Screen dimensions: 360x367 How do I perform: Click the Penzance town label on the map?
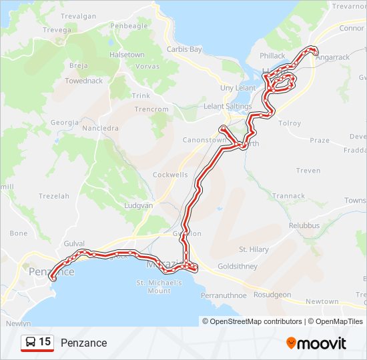pyautogui.click(x=51, y=272)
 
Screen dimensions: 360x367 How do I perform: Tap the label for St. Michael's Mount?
pyautogui.click(x=159, y=287)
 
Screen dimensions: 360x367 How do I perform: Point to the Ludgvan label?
pyautogui.click(x=139, y=206)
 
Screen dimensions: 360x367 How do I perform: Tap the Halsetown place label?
pyautogui.click(x=127, y=55)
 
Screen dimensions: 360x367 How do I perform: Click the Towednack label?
pyautogui.click(x=83, y=81)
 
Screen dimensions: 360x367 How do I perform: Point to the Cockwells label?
pyautogui.click(x=170, y=175)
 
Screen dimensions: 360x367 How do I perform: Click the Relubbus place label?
pyautogui.click(x=304, y=226)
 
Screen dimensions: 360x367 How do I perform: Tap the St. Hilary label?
pyautogui.click(x=254, y=249)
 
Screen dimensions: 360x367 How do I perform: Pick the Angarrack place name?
pyautogui.click(x=333, y=57)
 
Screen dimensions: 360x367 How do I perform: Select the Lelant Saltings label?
pyautogui.click(x=228, y=107)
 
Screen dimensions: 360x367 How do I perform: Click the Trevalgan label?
pyautogui.click(x=79, y=16)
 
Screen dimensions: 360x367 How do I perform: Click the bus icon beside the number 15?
pyautogui.click(x=30, y=343)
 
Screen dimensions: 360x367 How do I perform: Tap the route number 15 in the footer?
pyautogui.click(x=45, y=342)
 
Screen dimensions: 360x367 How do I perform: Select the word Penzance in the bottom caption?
pyautogui.click(x=83, y=343)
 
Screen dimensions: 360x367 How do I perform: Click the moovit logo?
pyautogui.click(x=316, y=343)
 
